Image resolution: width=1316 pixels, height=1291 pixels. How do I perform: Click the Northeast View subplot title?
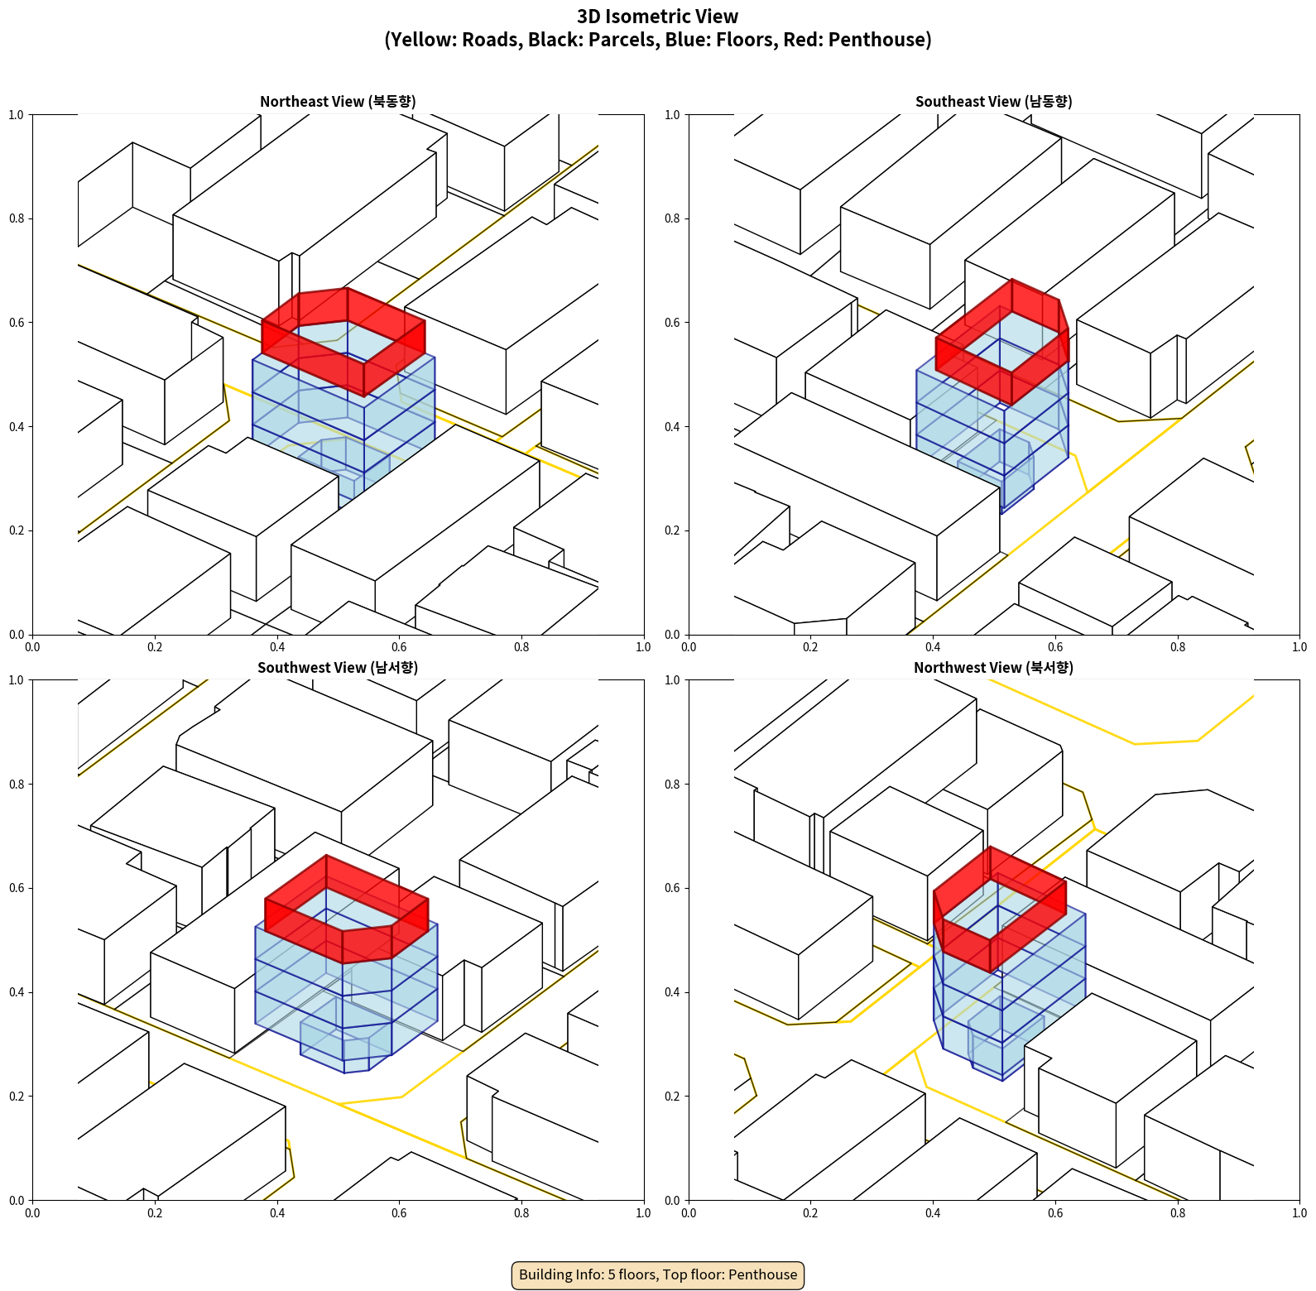pyautogui.click(x=338, y=102)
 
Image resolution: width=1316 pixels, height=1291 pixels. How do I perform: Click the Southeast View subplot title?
pyautogui.click(x=993, y=102)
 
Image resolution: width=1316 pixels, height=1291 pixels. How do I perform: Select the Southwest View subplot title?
pyautogui.click(x=338, y=668)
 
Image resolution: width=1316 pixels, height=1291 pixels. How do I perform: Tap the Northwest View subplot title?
pyautogui.click(x=993, y=668)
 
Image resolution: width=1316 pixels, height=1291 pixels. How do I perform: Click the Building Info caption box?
pyautogui.click(x=658, y=1274)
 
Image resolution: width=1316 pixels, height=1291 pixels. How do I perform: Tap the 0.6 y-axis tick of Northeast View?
pyautogui.click(x=17, y=323)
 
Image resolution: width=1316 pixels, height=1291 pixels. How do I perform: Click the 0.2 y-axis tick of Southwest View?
pyautogui.click(x=17, y=1097)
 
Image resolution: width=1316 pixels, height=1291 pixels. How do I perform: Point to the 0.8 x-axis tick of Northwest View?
pyautogui.click(x=1178, y=1213)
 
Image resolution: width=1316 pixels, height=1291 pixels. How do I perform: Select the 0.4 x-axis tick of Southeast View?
pyautogui.click(x=933, y=647)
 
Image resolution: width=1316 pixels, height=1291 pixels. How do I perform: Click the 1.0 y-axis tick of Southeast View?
pyautogui.click(x=673, y=115)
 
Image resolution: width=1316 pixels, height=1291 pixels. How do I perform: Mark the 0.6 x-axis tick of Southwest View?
pyautogui.click(x=399, y=1213)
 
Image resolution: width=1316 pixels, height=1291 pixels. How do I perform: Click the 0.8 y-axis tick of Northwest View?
pyautogui.click(x=673, y=785)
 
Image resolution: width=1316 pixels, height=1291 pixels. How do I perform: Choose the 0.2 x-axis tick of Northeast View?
pyautogui.click(x=155, y=647)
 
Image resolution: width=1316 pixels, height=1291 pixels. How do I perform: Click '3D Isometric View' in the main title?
pyautogui.click(x=658, y=17)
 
